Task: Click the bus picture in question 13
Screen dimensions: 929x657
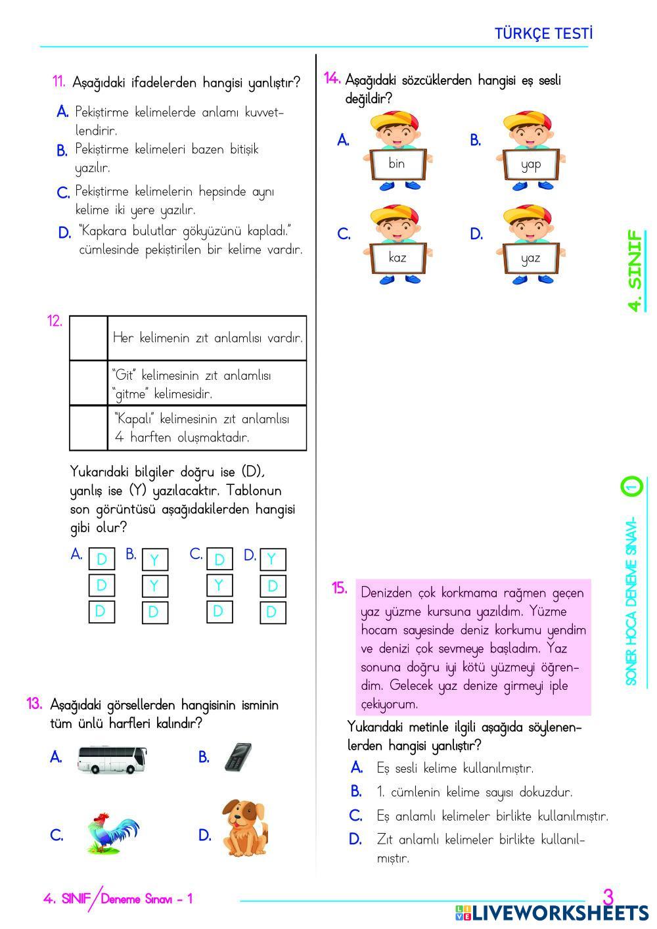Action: (111, 759)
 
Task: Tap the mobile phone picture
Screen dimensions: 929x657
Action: (238, 757)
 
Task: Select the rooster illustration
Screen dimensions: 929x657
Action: (112, 833)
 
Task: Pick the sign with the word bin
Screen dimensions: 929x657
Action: (397, 164)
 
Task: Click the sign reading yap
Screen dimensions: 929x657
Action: (530, 164)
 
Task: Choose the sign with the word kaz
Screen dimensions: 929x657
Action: (397, 258)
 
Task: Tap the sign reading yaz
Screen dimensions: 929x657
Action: (530, 258)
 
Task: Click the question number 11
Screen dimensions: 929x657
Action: (58, 82)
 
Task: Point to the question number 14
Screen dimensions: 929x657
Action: (332, 79)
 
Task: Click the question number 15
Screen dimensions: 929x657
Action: (340, 588)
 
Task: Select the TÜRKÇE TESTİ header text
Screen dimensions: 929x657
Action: (543, 34)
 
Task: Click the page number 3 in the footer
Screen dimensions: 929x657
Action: (608, 897)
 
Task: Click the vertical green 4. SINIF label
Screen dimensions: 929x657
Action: (635, 270)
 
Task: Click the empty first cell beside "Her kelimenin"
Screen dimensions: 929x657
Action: (89, 338)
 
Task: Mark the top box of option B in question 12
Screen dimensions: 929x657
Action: (154, 560)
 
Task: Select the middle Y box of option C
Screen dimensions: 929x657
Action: (219, 585)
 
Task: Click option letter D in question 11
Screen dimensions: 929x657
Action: (64, 233)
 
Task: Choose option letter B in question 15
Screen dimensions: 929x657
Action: (356, 792)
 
